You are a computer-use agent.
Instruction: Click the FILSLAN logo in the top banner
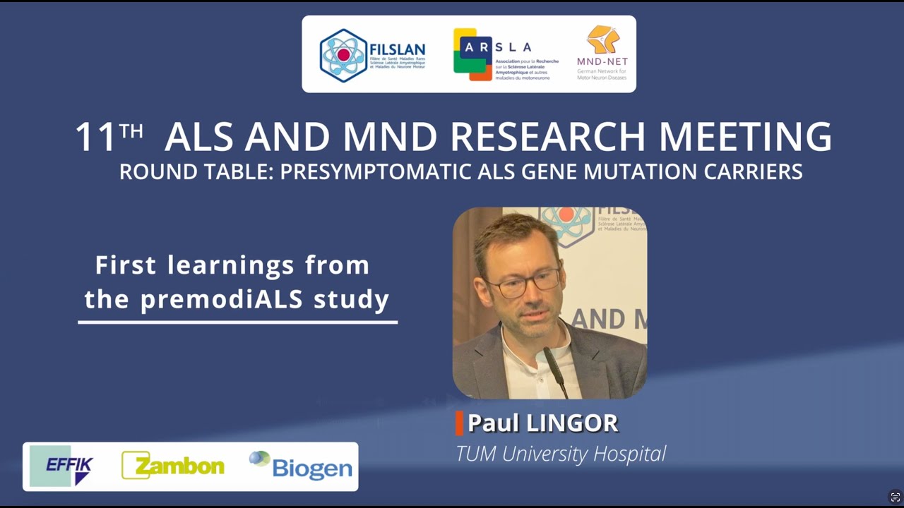[372, 55]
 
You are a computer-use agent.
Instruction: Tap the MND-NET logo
[602, 53]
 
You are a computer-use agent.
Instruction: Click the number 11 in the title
[96, 138]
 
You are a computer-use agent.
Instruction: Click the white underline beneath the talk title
[237, 322]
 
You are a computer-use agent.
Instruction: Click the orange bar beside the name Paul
[459, 423]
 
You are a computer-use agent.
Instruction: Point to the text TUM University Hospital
[560, 454]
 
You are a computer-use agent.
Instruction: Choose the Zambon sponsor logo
[173, 466]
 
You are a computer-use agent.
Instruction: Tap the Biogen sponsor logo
[302, 466]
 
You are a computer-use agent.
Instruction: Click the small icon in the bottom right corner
[895, 497]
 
